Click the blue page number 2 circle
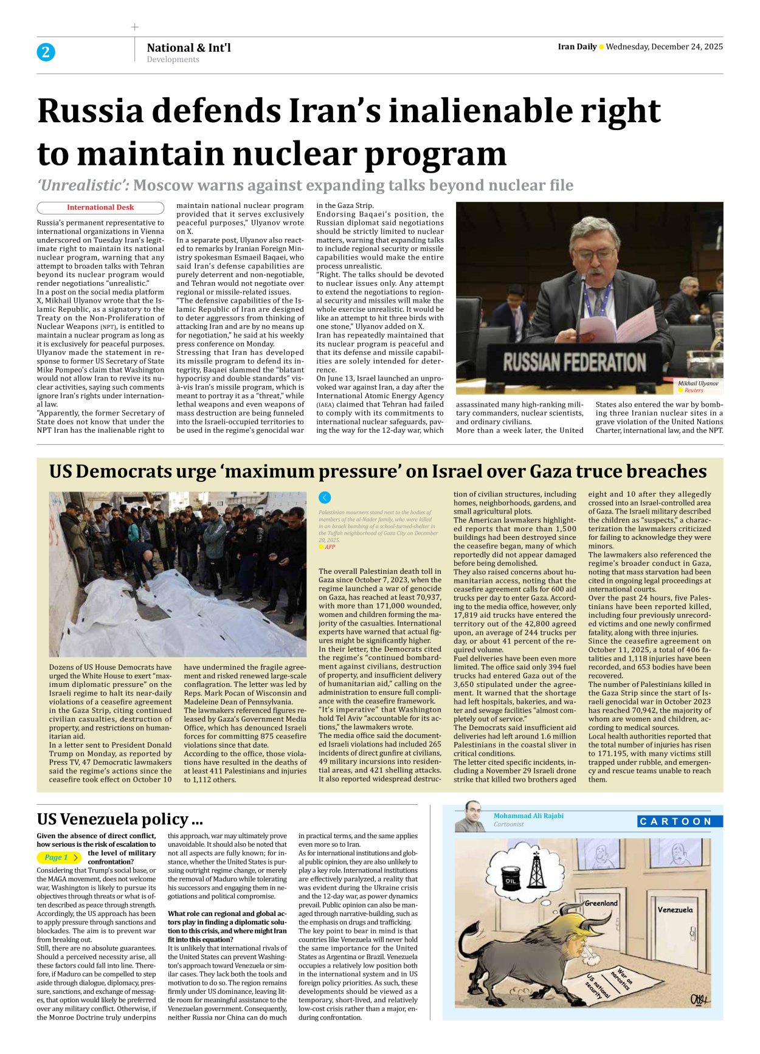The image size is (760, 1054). (x=46, y=52)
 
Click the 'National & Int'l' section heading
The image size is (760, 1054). (x=188, y=47)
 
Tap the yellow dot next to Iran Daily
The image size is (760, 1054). (x=601, y=47)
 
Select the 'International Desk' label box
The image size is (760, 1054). (x=100, y=207)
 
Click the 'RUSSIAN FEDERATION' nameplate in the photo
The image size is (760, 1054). (x=574, y=363)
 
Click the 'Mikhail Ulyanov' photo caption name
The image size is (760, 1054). (x=698, y=384)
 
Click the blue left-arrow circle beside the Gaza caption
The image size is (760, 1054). (x=325, y=498)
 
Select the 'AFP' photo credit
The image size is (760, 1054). (x=330, y=547)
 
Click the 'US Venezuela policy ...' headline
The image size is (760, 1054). (x=120, y=819)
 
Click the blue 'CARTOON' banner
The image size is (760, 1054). (x=679, y=821)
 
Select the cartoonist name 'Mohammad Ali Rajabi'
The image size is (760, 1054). (x=528, y=816)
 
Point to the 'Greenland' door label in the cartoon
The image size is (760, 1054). (x=601, y=903)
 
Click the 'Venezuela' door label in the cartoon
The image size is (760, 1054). (x=675, y=910)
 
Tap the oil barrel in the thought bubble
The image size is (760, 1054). (x=511, y=880)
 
